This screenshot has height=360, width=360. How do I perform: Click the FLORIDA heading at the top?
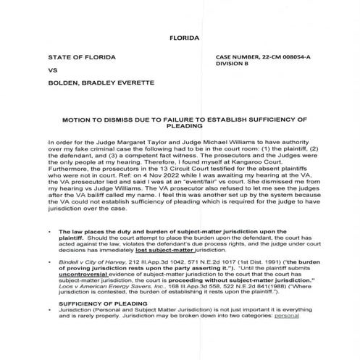[x=183, y=35]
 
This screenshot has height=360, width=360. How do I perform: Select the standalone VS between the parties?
[x=52, y=72]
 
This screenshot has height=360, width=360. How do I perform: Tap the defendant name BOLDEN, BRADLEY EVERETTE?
[x=93, y=86]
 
